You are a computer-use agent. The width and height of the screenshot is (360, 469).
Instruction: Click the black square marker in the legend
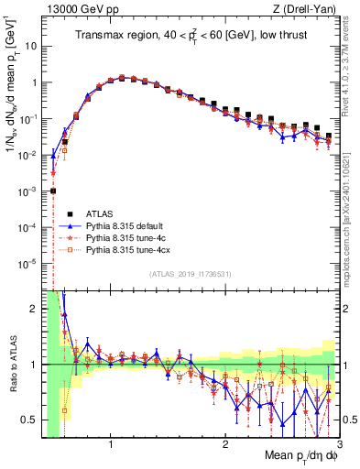(x=69, y=210)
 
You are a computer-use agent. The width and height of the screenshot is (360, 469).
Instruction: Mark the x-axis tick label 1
(x=111, y=444)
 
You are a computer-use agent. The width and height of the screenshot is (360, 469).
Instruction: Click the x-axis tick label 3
(x=338, y=444)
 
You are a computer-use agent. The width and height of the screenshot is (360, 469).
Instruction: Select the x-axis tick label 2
(x=224, y=444)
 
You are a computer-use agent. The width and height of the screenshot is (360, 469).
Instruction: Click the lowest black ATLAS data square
(x=53, y=191)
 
